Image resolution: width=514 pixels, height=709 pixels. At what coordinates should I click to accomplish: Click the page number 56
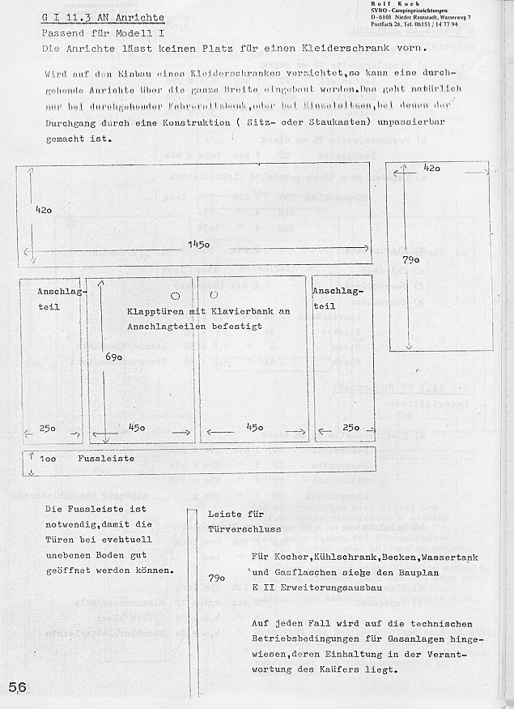(18, 686)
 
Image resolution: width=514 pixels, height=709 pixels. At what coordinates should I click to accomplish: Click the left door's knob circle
(176, 295)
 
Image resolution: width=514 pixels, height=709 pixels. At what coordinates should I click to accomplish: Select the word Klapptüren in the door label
(155, 311)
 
